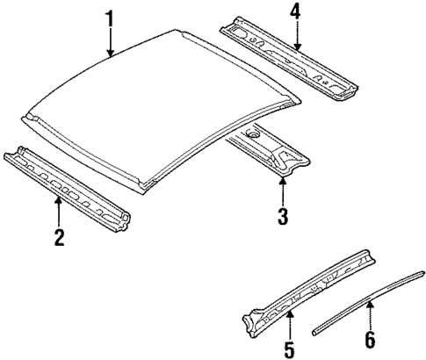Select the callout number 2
coord(58,236)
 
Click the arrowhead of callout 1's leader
coord(110,56)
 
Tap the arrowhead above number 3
coord(282,181)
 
